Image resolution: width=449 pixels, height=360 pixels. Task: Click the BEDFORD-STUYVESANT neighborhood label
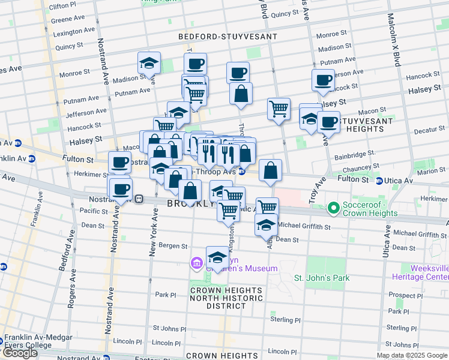click(228, 37)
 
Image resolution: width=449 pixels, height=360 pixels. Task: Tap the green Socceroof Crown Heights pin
click(334, 208)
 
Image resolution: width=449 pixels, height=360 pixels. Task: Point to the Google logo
click(20, 353)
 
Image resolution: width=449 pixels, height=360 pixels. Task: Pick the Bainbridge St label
click(355, 153)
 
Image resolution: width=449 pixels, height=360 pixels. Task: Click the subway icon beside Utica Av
click(379, 181)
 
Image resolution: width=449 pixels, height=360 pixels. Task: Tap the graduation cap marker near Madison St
click(149, 63)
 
